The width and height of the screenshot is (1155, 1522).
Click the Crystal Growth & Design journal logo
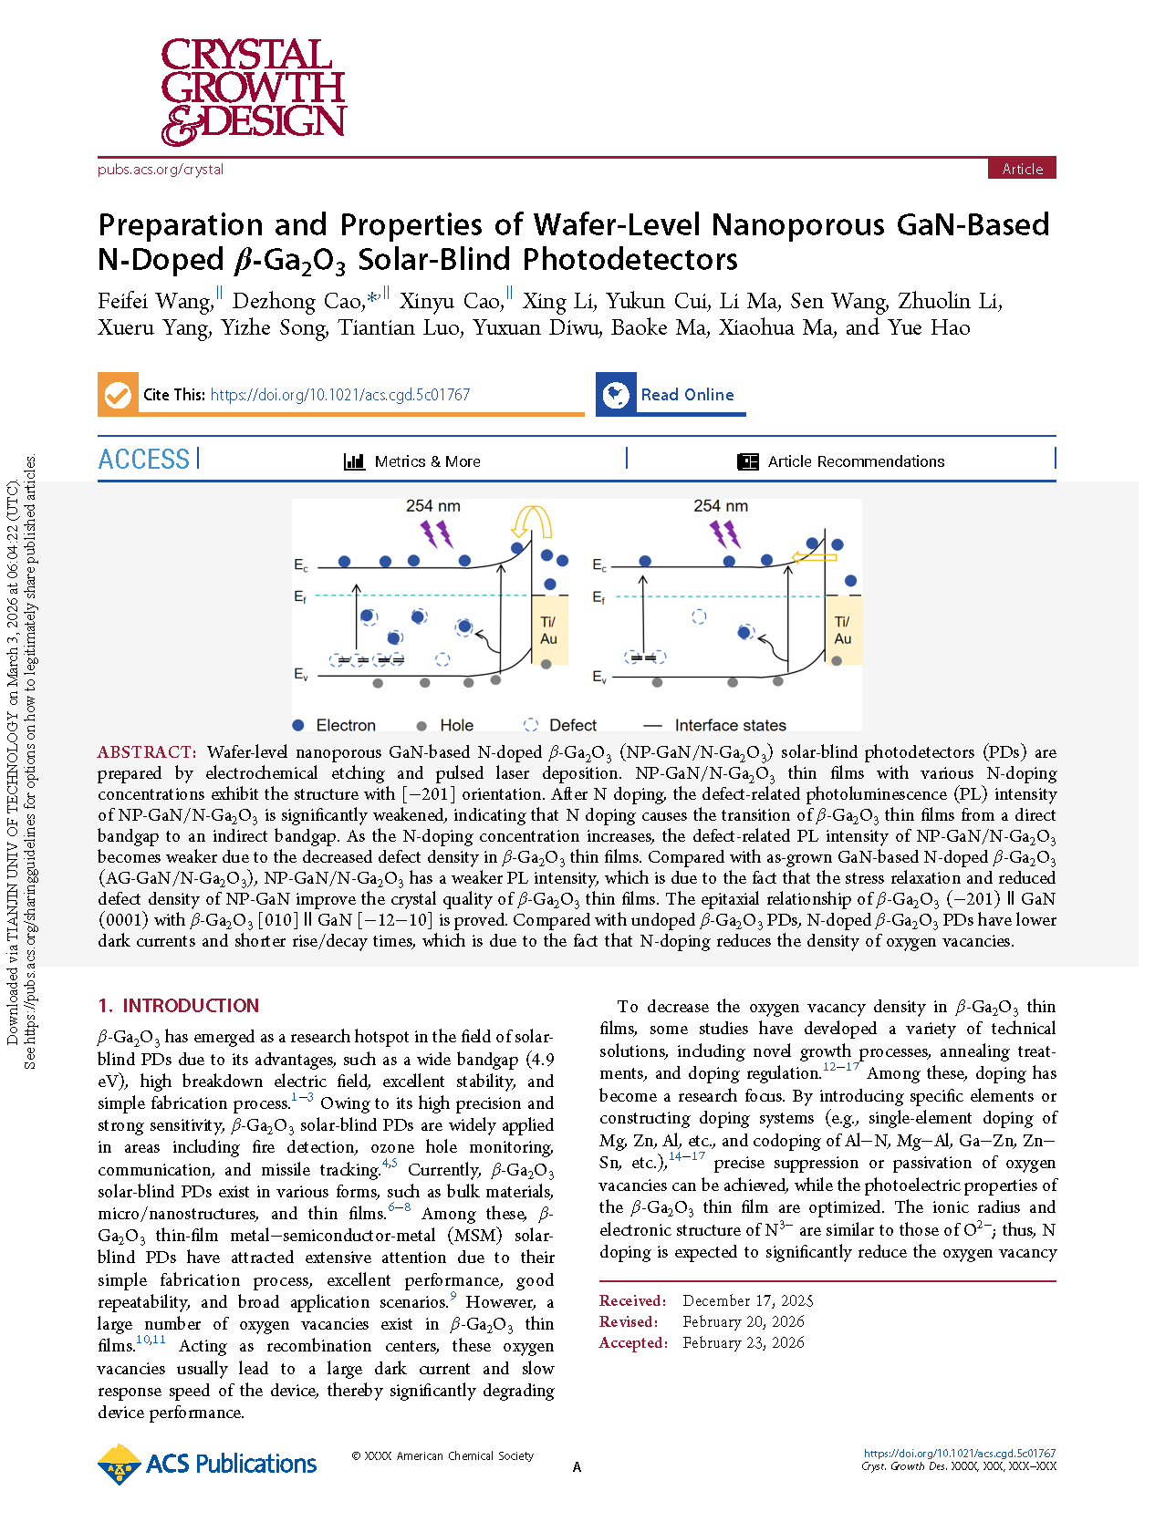coord(253,91)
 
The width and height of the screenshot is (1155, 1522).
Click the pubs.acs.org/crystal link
coord(161,170)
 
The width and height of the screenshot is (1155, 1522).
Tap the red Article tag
coord(1022,169)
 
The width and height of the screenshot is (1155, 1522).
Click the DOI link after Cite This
coord(339,395)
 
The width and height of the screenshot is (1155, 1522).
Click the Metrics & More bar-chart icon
coord(354,461)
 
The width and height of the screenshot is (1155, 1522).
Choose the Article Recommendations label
coord(856,461)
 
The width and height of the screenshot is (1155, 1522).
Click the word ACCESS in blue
coord(144,460)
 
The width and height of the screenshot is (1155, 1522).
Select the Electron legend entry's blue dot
coord(298,725)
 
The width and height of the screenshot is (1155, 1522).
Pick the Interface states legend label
coord(730,725)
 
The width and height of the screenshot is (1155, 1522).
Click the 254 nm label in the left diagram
coord(432,506)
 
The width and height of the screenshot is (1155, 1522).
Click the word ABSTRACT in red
coord(146,752)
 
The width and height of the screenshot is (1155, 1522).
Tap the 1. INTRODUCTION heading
coord(179,1006)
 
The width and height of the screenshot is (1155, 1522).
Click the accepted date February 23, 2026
coord(743,1342)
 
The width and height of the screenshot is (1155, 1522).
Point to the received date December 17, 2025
coord(747,1300)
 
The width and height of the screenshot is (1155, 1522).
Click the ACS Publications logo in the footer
coord(207,1464)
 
